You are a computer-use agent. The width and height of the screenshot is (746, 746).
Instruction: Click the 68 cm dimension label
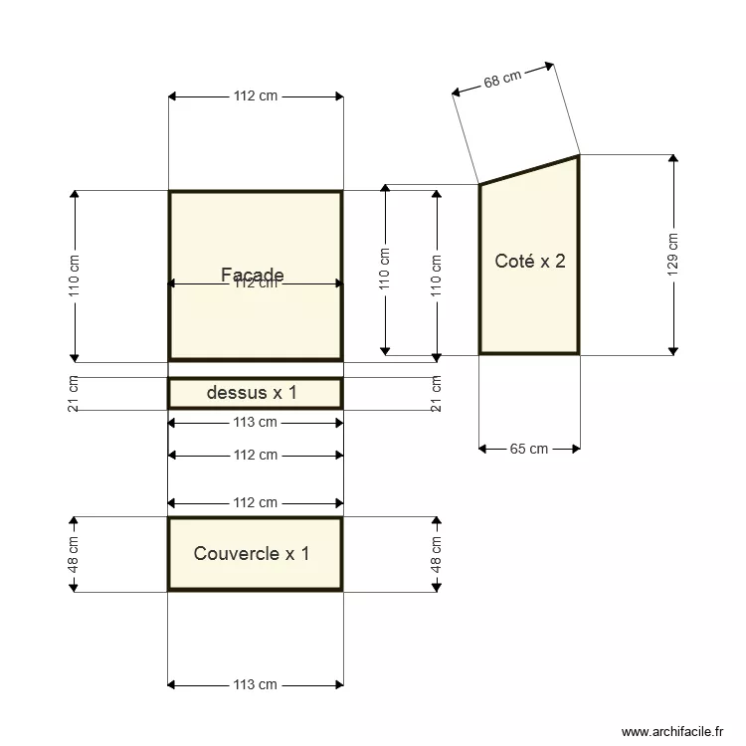(503, 80)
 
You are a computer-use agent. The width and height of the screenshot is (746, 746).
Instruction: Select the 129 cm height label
(673, 254)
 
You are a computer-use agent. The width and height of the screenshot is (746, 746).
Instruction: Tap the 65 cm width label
(529, 449)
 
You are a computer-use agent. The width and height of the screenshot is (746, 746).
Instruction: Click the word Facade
(253, 275)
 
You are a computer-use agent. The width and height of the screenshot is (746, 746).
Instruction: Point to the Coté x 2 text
(530, 262)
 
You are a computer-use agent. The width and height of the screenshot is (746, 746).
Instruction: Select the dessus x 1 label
(252, 393)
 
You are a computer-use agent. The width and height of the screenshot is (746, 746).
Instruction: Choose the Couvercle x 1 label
(252, 553)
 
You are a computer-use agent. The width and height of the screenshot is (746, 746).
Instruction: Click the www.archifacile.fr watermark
(674, 732)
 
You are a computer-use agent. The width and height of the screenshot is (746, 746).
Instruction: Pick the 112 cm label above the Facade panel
(256, 96)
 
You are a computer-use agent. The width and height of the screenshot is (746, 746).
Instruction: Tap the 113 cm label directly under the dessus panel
(256, 423)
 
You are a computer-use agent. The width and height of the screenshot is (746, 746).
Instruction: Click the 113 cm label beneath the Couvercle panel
(256, 684)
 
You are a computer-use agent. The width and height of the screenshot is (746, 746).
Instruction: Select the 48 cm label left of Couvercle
(75, 554)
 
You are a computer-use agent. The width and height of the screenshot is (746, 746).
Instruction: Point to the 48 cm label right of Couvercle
(436, 554)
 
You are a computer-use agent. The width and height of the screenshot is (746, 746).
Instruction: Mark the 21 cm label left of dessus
(75, 393)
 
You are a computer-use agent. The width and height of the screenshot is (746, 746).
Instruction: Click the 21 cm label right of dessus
(436, 393)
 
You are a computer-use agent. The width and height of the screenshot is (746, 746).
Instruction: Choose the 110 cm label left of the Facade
(75, 276)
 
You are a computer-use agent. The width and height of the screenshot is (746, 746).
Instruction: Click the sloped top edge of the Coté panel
(529, 170)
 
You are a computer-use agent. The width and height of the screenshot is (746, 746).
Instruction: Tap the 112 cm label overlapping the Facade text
(256, 284)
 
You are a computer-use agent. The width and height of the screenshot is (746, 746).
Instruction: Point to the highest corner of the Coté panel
(578, 155)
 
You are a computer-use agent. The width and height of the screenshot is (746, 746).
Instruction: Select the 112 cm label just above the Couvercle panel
(256, 502)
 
